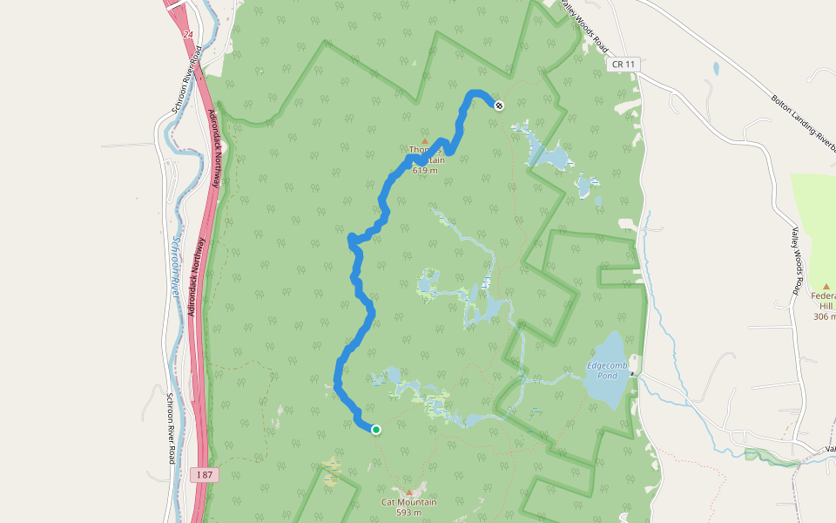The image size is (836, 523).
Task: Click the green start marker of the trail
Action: [x=376, y=429]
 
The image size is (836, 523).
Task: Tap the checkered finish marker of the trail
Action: [x=499, y=105]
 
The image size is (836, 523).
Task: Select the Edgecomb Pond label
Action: [x=602, y=370]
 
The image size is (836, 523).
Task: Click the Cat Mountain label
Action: [x=408, y=502]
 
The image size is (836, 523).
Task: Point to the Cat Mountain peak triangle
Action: [x=408, y=492]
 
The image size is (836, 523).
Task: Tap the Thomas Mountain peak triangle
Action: [x=425, y=141]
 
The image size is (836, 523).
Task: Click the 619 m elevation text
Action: [x=425, y=171]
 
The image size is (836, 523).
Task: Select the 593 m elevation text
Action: [x=408, y=513]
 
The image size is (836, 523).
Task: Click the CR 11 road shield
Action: [x=620, y=65]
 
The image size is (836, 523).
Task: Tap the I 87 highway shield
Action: [x=205, y=474]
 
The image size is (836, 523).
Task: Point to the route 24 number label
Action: [x=189, y=35]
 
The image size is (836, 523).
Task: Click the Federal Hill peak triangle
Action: [x=826, y=286]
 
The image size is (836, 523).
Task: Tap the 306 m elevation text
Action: [x=825, y=316]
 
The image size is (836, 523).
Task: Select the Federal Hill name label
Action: [x=824, y=301]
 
